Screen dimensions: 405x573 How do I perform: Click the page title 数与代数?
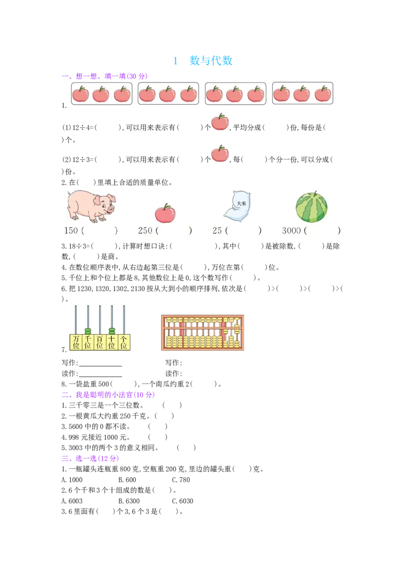click(x=211, y=61)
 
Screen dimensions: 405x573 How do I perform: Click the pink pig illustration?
click(x=91, y=206)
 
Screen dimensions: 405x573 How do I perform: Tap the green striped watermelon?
click(x=311, y=207)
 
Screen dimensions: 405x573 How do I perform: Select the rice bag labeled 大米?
click(x=237, y=206)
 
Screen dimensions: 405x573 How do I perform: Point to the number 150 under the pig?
click(x=71, y=231)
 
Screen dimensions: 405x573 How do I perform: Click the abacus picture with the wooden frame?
click(x=202, y=333)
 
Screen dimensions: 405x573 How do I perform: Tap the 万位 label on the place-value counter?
click(x=75, y=342)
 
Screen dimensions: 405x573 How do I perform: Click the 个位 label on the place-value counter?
click(x=124, y=342)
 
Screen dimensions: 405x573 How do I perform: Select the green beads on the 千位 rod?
click(x=88, y=331)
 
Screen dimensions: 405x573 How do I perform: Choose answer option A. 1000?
click(x=72, y=480)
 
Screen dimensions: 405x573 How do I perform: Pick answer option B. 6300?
click(x=129, y=501)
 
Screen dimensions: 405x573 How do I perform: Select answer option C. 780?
click(x=181, y=480)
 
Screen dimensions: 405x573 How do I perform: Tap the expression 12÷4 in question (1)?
click(x=81, y=128)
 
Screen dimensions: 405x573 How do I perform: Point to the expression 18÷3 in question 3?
click(x=77, y=247)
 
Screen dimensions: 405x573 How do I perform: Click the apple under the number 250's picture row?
click(x=165, y=214)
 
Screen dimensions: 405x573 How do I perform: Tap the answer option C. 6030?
click(x=183, y=501)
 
